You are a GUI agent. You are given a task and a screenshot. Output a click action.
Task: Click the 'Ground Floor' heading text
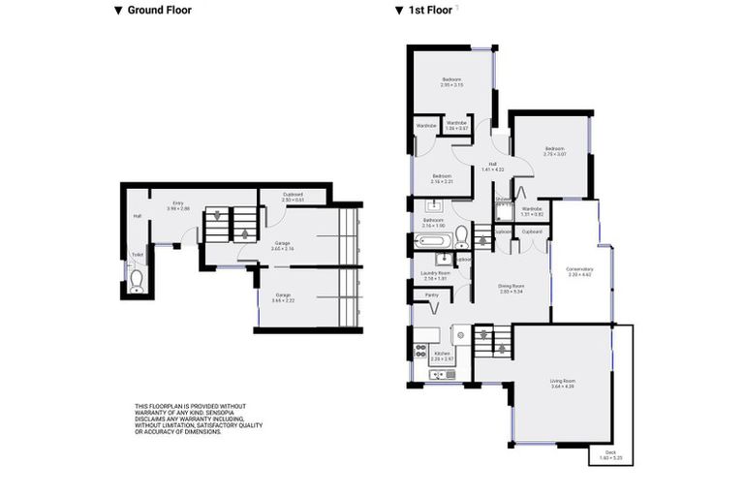click(159, 11)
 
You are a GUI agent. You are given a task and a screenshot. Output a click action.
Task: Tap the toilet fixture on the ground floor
click(137, 280)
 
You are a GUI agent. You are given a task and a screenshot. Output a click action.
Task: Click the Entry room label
click(178, 205)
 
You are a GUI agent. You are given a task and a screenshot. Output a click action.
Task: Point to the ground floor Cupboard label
click(293, 197)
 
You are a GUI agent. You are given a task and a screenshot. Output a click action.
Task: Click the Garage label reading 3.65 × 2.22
click(284, 297)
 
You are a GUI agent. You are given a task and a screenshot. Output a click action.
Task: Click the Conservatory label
click(579, 272)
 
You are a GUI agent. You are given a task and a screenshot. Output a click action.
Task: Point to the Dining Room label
click(511, 289)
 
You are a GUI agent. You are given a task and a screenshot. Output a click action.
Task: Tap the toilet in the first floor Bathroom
click(460, 236)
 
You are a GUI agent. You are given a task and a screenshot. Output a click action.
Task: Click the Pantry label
click(432, 294)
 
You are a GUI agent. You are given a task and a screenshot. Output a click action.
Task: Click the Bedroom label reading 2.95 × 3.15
click(451, 81)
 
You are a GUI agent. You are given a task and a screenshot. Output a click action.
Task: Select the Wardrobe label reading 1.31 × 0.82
click(532, 211)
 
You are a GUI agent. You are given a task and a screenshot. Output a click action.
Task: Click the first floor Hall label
click(493, 167)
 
